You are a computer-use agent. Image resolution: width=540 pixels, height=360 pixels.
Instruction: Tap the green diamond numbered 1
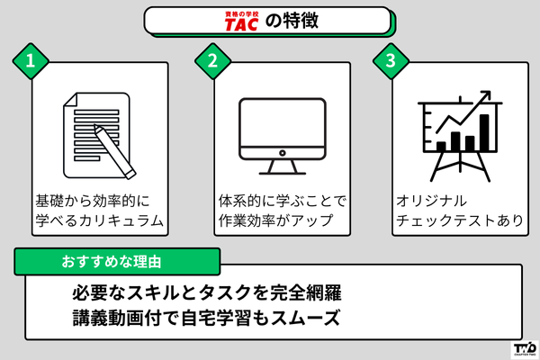(31, 62)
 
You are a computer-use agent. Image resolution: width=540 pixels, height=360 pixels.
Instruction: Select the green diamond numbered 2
(212, 62)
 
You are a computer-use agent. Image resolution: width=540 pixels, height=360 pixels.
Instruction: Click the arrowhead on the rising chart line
(486, 94)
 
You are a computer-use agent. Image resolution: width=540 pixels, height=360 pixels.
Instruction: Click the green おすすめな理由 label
(117, 261)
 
